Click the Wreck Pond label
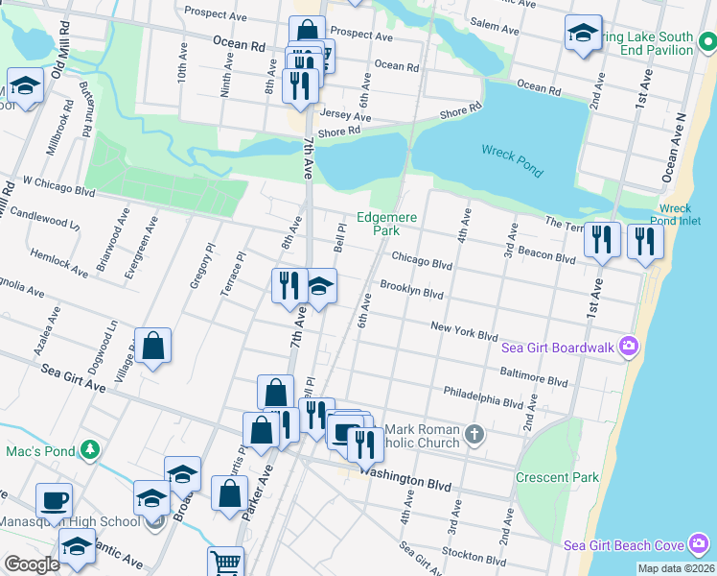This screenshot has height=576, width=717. coord(512,161)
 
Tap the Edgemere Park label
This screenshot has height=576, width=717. coord(386,225)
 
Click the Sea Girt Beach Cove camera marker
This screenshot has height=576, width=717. coord(699,545)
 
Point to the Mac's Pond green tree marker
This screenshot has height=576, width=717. coord(88,448)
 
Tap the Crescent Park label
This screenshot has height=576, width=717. coord(557,477)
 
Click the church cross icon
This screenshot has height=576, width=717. coord(473,437)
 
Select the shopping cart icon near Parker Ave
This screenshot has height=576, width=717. coord(225,562)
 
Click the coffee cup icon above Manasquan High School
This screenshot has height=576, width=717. coord(54,499)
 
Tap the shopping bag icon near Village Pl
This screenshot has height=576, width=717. coord(152,345)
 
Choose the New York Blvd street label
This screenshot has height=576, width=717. coord(464,332)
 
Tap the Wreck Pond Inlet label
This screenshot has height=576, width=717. coord(675,215)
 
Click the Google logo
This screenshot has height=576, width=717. coord(31,564)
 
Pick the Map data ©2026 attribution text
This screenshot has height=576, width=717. coord(676,568)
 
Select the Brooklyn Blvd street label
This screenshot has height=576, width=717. coord(410,289)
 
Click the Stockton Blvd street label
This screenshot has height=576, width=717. coord(474,556)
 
